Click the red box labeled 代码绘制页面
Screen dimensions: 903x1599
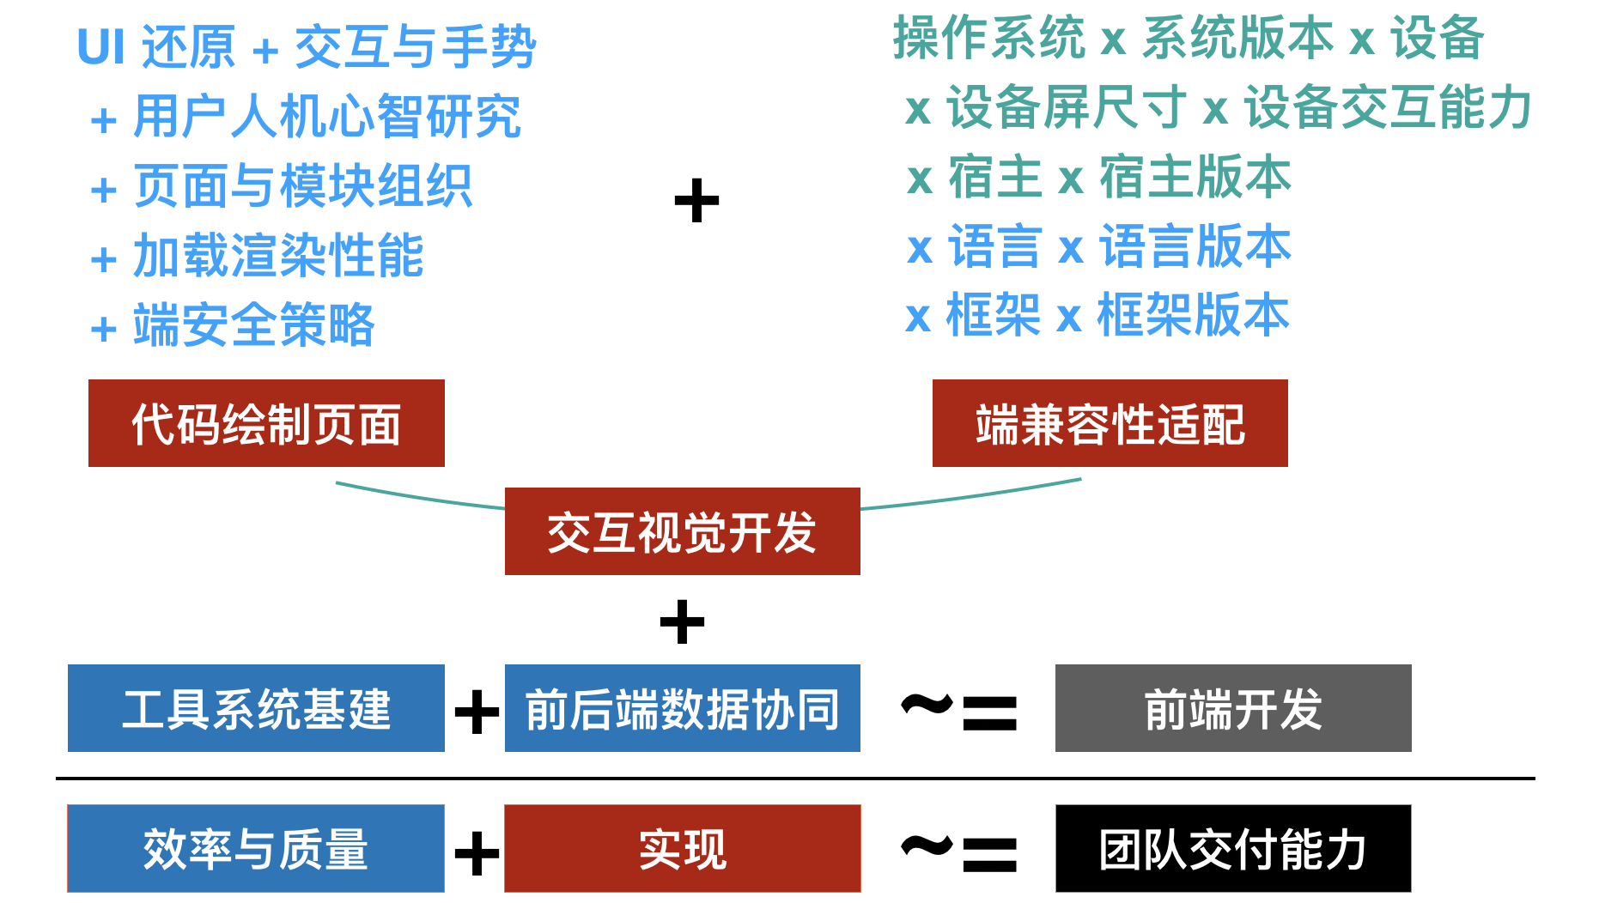(x=266, y=423)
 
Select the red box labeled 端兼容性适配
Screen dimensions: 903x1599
(x=1110, y=423)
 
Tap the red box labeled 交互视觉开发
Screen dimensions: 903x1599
(x=682, y=531)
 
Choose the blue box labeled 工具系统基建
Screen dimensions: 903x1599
(x=256, y=708)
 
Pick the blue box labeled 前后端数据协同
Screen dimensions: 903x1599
(x=682, y=708)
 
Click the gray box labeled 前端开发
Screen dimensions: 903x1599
(x=1232, y=708)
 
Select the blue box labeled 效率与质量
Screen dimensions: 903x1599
(x=256, y=848)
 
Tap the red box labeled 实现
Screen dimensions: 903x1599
(x=682, y=848)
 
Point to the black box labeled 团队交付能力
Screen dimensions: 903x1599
(x=1232, y=848)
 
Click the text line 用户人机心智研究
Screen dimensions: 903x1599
(x=326, y=117)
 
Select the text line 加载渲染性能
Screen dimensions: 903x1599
(x=278, y=256)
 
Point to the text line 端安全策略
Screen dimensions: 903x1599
(x=254, y=325)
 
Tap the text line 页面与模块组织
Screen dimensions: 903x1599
(x=302, y=186)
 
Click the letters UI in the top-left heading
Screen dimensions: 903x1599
(x=101, y=47)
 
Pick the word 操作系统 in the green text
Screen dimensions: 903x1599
(x=988, y=39)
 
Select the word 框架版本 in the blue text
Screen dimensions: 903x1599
(x=1193, y=316)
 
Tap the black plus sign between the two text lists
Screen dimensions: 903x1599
(x=696, y=201)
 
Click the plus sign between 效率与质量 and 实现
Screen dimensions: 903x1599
(x=477, y=852)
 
